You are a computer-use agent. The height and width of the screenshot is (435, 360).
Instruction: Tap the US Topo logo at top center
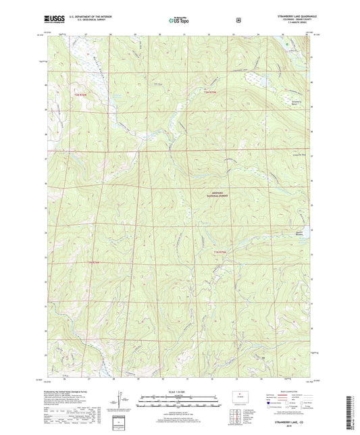click(179, 20)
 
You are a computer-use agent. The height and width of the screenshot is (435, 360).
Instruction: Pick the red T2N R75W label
click(213, 91)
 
